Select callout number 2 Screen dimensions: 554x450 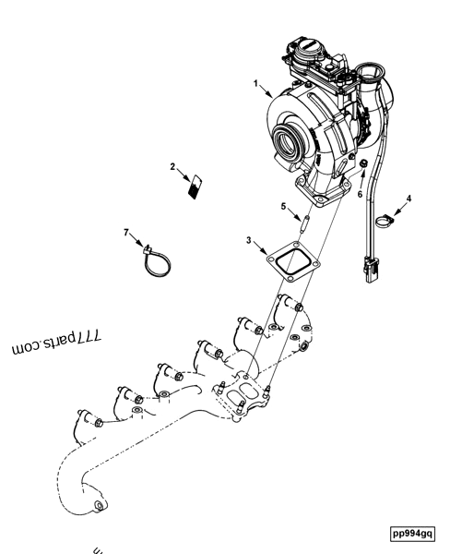coord(172,167)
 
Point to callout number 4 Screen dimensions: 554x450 coord(409,198)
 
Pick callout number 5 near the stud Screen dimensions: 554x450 coord(284,207)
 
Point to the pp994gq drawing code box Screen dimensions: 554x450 coord(413,533)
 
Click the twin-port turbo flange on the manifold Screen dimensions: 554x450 coord(241,387)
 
